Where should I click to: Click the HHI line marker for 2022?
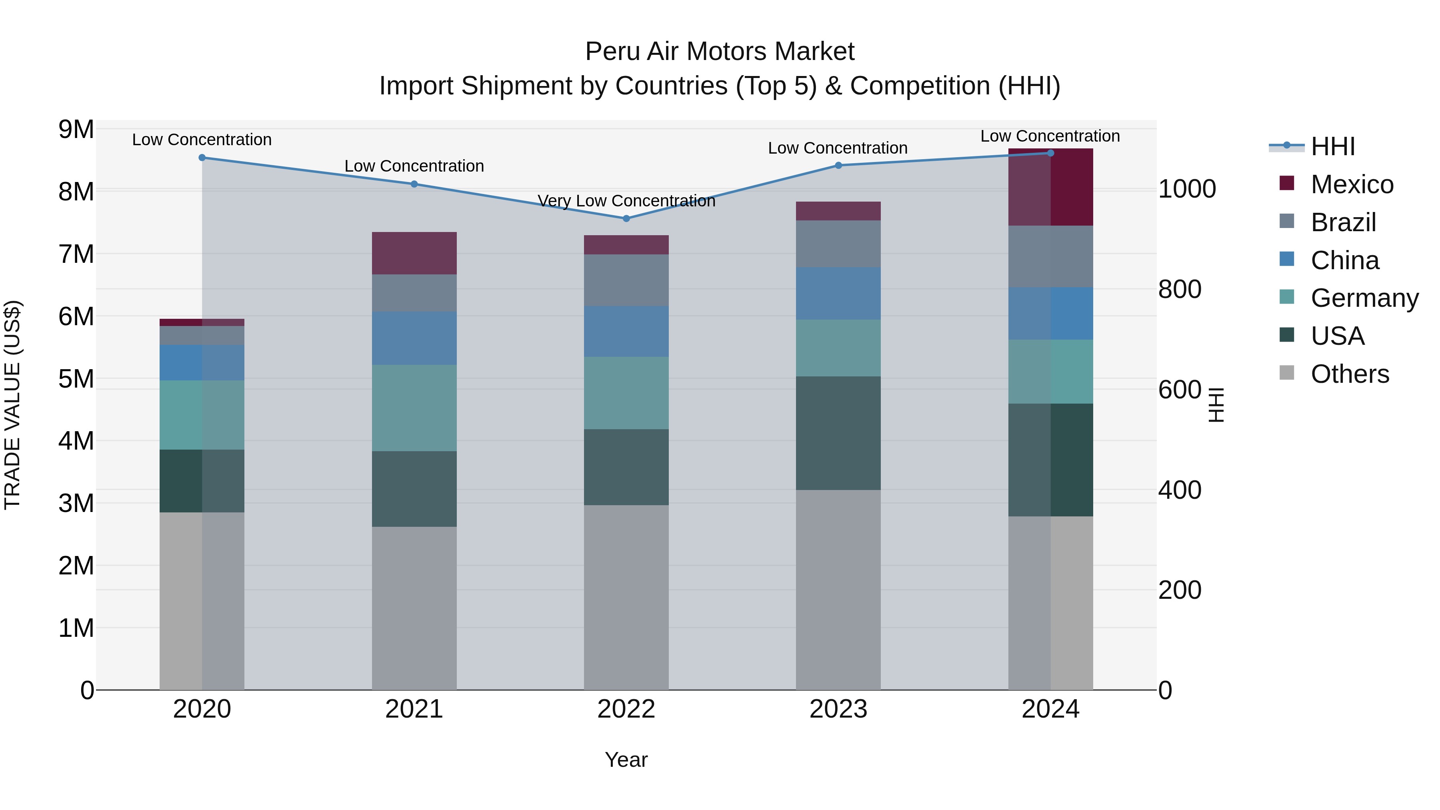(626, 218)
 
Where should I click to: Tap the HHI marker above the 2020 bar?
(202, 158)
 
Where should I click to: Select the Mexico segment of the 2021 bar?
(414, 253)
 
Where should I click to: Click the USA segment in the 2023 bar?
(838, 433)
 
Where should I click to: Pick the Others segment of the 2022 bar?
(626, 597)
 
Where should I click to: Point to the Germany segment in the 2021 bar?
(414, 408)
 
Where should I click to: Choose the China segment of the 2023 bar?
(838, 294)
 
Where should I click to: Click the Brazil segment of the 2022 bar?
(626, 280)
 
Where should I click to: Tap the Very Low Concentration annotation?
(626, 201)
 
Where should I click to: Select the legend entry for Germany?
(1364, 298)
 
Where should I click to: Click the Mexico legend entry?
(1352, 184)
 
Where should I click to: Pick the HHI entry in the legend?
(1333, 146)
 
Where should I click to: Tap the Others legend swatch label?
(1350, 374)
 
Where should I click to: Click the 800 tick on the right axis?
(1180, 290)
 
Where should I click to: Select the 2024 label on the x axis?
(1050, 709)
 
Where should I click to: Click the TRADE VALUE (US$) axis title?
(12, 405)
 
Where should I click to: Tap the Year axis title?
(626, 760)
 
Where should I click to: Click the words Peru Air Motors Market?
(720, 52)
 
